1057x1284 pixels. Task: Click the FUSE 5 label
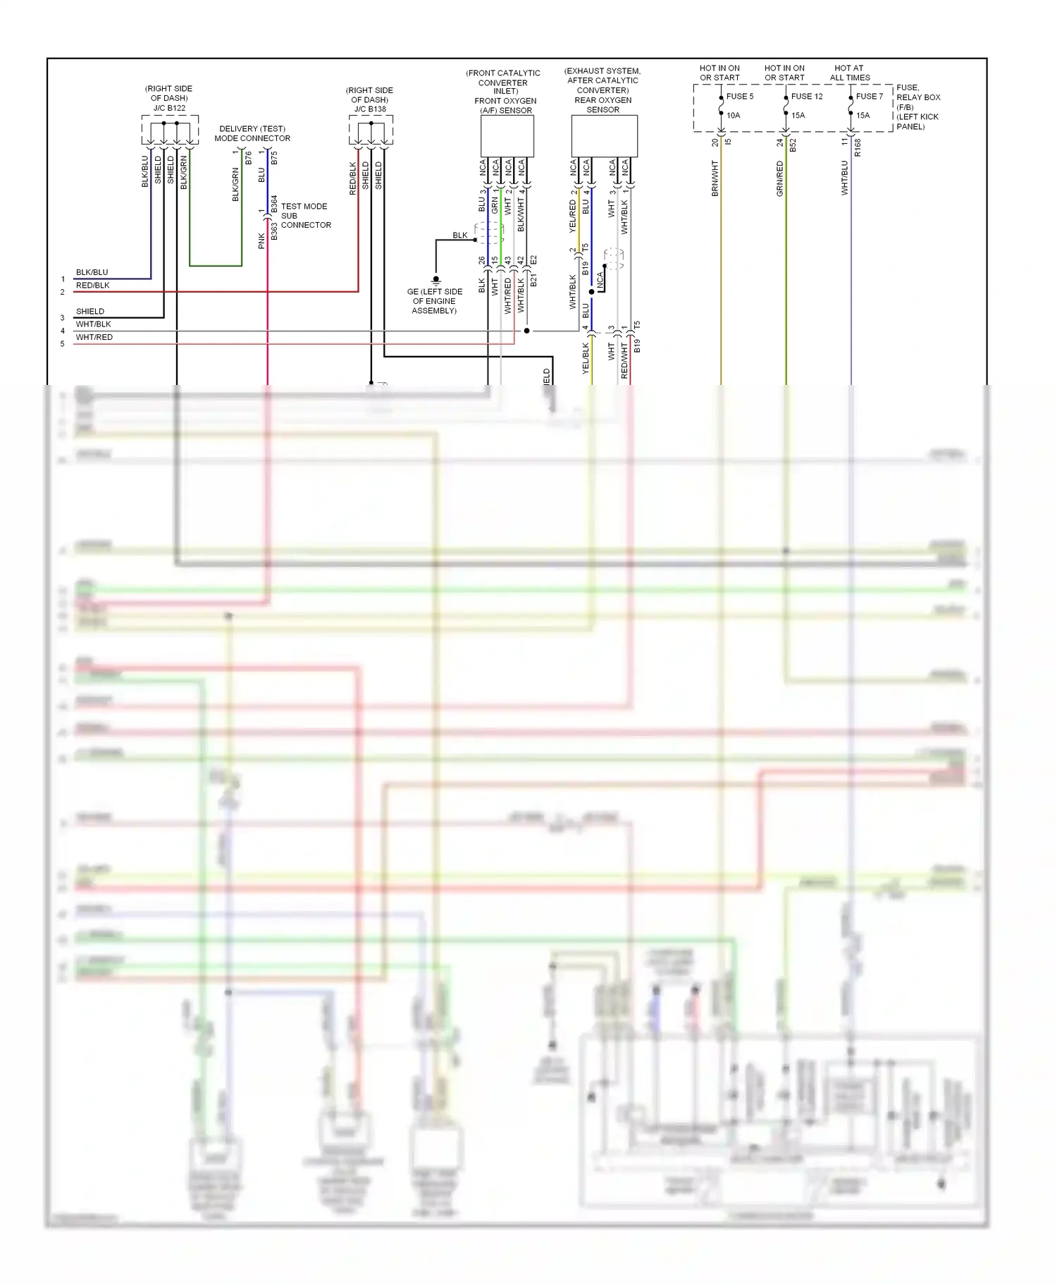coord(739,97)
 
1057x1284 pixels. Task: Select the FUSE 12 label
coord(806,97)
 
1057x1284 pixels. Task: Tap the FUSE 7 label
coord(869,97)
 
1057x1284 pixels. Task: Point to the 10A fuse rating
coord(733,116)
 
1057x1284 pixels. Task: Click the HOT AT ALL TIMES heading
coord(849,73)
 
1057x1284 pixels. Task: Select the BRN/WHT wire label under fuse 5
coord(715,178)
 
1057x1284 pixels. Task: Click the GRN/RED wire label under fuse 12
coord(779,178)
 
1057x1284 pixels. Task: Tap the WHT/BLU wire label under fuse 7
coord(844,178)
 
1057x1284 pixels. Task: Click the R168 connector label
coord(858,147)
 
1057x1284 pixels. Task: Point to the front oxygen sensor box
coord(507,136)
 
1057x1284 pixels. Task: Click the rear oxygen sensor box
coord(604,136)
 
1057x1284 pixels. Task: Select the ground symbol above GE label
coord(435,280)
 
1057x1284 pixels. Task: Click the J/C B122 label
coord(169,109)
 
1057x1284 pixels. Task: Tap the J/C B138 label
coord(370,109)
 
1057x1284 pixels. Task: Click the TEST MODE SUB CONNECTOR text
coord(305,216)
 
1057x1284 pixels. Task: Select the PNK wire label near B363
coord(261,241)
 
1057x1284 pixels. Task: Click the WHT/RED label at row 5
coord(94,337)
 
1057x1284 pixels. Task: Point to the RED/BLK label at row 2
coord(93,286)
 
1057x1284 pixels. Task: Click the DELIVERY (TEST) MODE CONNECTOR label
coord(252,133)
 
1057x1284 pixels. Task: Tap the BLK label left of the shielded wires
coord(459,236)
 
